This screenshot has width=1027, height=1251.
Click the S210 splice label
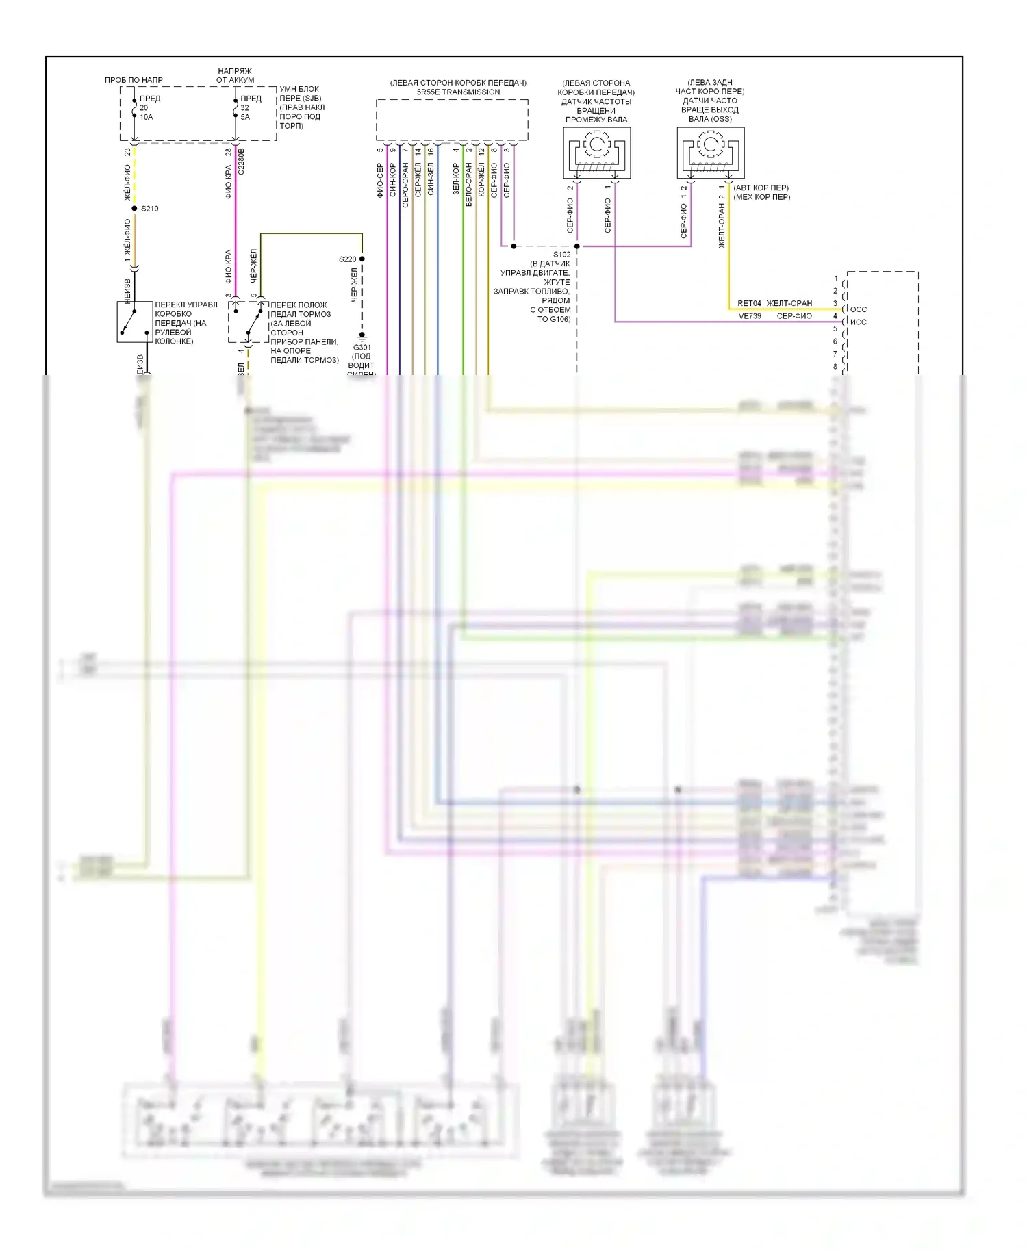(x=149, y=209)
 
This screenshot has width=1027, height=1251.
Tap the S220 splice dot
(x=362, y=259)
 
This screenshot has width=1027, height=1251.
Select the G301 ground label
(x=362, y=348)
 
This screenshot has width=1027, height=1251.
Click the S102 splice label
(x=561, y=255)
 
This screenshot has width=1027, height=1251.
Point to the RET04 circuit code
(x=749, y=303)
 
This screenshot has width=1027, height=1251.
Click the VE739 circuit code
(x=750, y=316)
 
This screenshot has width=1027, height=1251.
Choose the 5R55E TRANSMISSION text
(x=458, y=92)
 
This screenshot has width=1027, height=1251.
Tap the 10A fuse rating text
(x=147, y=117)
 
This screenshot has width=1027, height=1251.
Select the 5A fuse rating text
(x=245, y=117)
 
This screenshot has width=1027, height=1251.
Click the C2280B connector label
(x=241, y=162)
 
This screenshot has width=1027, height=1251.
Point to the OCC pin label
(x=858, y=309)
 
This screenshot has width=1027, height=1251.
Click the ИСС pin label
(x=858, y=322)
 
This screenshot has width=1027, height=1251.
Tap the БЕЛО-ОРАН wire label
(x=469, y=184)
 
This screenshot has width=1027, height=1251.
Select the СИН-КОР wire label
(x=393, y=180)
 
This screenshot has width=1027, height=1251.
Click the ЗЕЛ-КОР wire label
(x=456, y=179)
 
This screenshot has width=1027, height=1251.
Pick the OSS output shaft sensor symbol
(x=710, y=153)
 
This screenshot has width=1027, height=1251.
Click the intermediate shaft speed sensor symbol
(x=596, y=153)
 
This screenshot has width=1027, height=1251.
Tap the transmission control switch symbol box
(x=134, y=322)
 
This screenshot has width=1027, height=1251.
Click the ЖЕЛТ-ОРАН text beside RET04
(x=789, y=303)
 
